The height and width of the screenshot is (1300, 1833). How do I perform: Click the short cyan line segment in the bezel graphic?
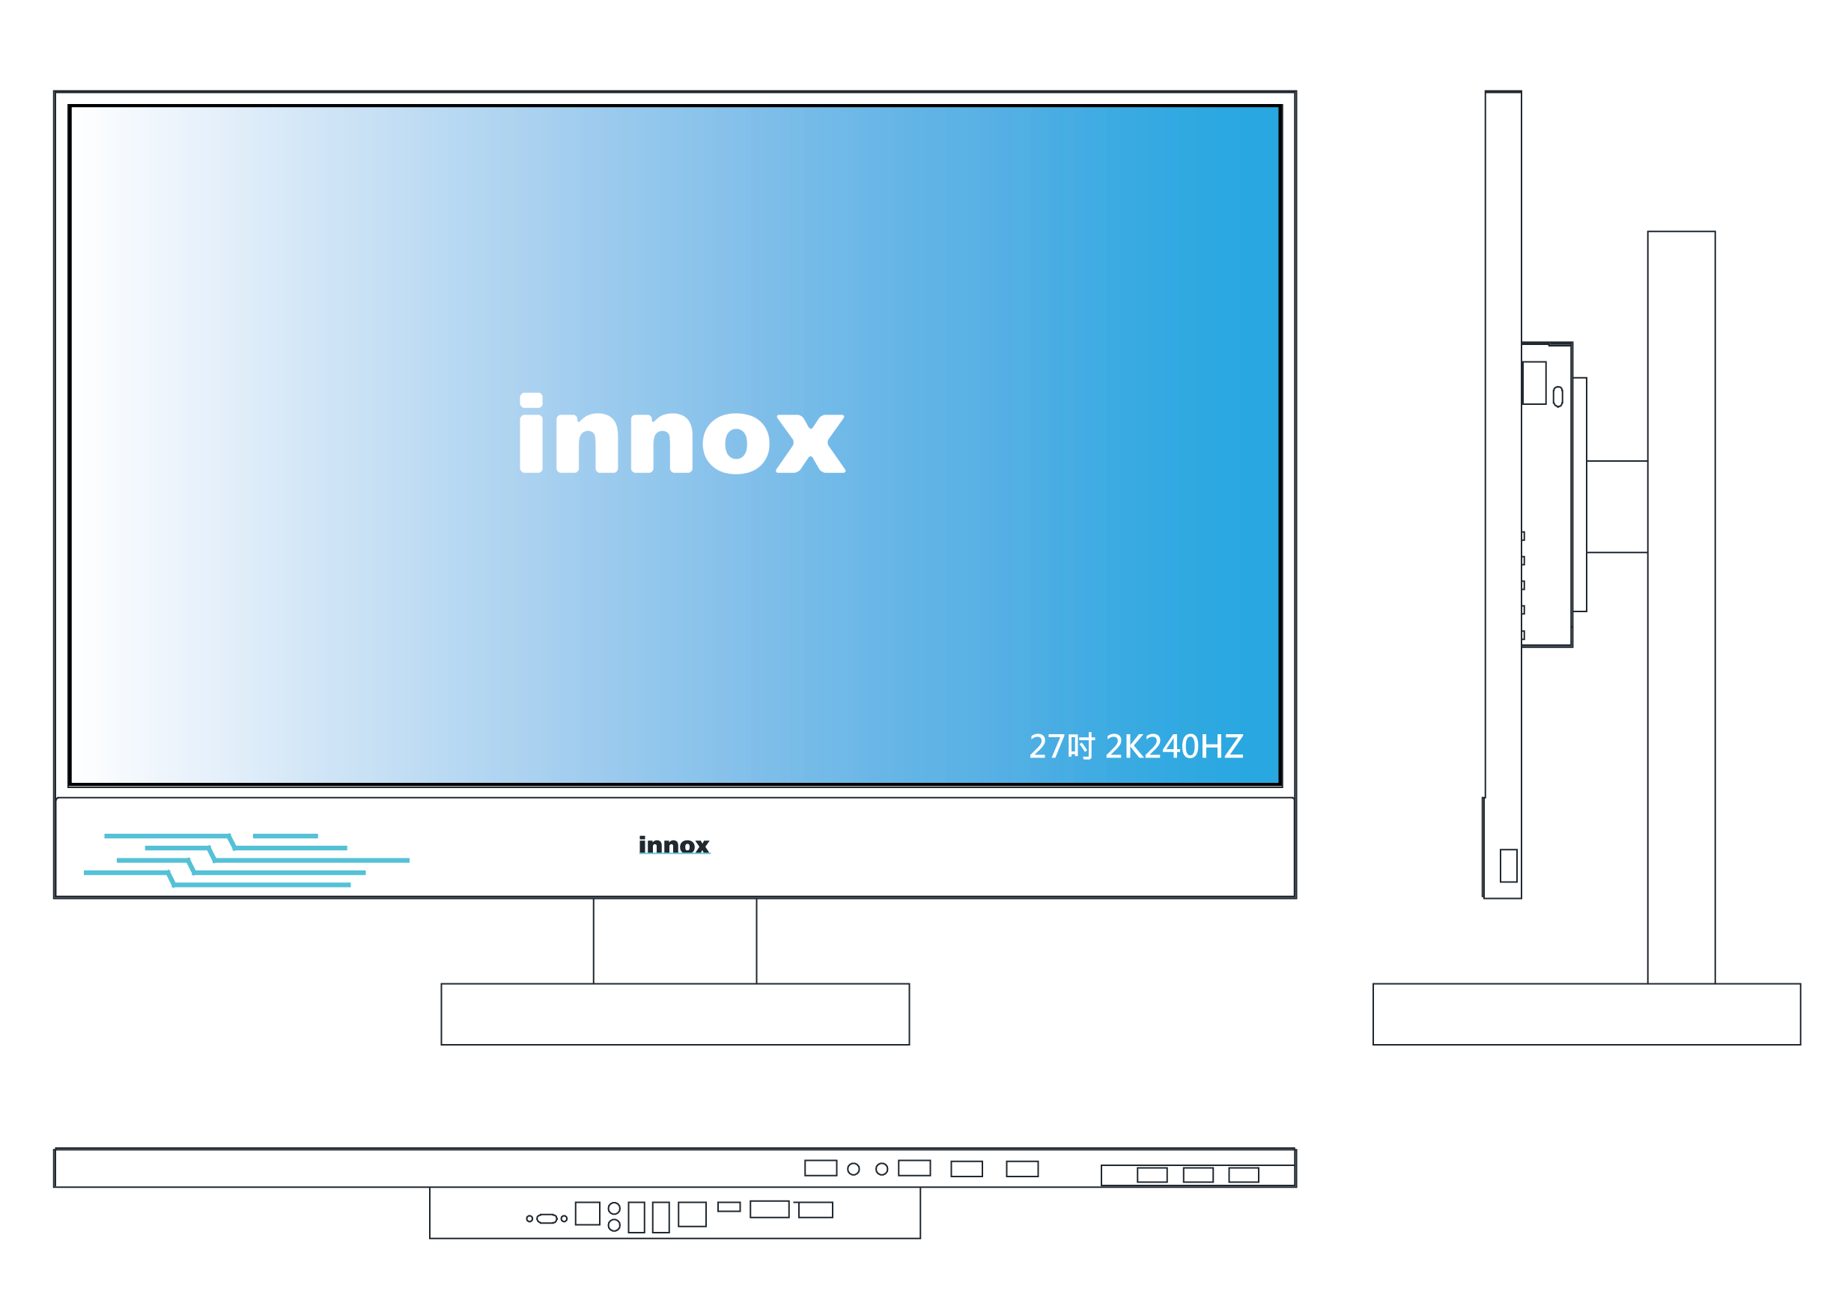285,836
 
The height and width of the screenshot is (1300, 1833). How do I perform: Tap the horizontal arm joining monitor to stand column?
1616,507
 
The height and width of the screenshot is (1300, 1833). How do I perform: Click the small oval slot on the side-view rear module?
1557,396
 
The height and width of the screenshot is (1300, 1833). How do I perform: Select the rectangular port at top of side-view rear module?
1533,382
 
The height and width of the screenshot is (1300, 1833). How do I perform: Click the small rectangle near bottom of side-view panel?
1508,865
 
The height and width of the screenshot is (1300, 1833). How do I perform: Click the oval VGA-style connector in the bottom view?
546,1219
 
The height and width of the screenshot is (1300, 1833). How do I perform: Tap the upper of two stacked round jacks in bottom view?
614,1209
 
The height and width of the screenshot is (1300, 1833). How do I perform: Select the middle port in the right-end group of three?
1198,1175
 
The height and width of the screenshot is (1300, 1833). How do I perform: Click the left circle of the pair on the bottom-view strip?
854,1170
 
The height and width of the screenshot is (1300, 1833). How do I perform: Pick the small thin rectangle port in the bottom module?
729,1207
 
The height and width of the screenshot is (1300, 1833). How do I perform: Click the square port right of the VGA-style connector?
587,1213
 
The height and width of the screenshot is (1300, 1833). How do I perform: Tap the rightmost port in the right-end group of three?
1244,1175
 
